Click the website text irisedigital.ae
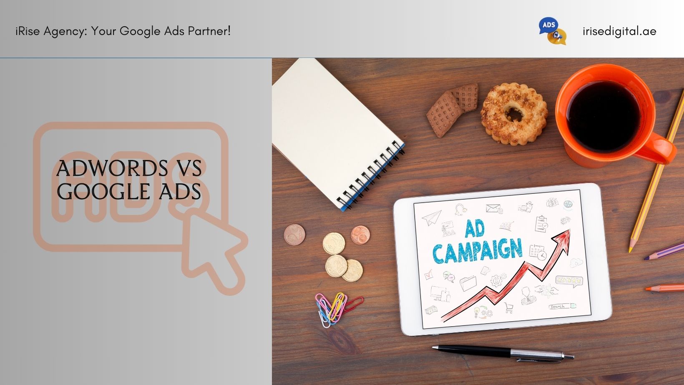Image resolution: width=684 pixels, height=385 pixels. point(619,31)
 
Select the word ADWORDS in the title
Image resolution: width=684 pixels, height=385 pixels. point(112,168)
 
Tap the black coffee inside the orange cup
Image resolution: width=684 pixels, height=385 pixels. point(604,117)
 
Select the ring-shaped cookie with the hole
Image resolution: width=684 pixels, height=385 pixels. point(514,114)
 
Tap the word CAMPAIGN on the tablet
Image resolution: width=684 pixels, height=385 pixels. point(478,251)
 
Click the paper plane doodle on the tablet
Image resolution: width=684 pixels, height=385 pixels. point(432,217)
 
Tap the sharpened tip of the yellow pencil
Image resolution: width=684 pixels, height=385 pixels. point(630,250)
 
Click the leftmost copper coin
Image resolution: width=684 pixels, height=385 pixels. point(295,235)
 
